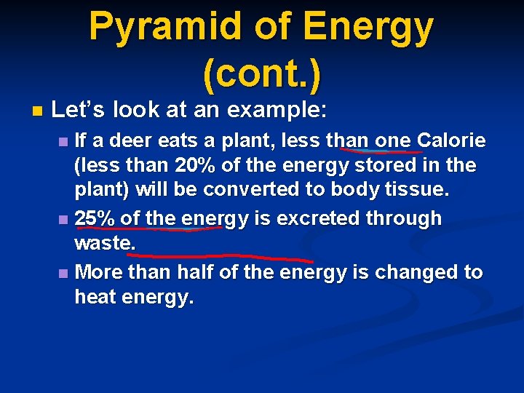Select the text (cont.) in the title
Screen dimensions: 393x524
click(x=262, y=75)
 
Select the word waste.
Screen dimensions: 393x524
click(x=105, y=244)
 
